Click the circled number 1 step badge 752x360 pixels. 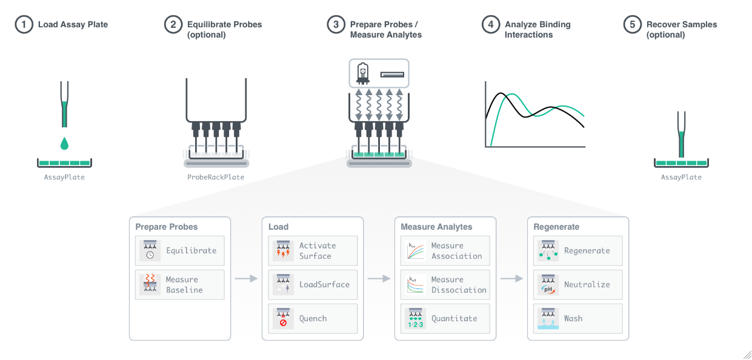(x=24, y=25)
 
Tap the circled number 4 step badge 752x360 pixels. (x=490, y=25)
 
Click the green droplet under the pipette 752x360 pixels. (x=64, y=144)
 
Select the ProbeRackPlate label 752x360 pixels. (x=216, y=178)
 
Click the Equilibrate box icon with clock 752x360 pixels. (x=150, y=251)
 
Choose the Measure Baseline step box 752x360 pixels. (x=179, y=285)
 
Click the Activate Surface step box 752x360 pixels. (x=313, y=251)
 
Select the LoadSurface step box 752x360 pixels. (x=313, y=285)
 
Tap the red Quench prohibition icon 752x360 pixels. (x=283, y=323)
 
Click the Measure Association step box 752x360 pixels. (x=445, y=251)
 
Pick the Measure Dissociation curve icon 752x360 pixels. (x=416, y=285)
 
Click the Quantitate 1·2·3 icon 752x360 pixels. (x=416, y=319)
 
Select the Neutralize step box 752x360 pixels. (x=578, y=285)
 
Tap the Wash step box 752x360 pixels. (x=578, y=319)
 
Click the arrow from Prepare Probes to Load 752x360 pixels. (x=246, y=279)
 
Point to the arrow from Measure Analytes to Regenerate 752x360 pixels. (x=511, y=279)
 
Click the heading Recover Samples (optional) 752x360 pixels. (x=681, y=30)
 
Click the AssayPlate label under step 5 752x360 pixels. (x=681, y=178)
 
